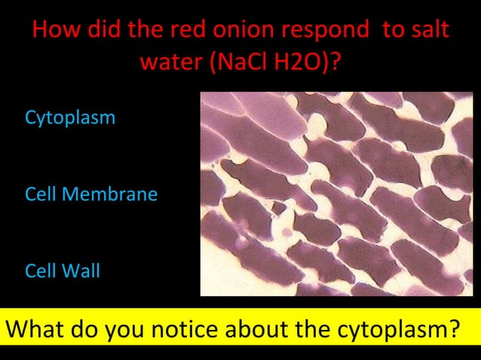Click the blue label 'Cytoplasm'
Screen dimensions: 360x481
70,118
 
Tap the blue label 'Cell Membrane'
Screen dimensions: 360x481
91,194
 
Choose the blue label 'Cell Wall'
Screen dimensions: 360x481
63,271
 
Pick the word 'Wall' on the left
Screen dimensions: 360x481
81,271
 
